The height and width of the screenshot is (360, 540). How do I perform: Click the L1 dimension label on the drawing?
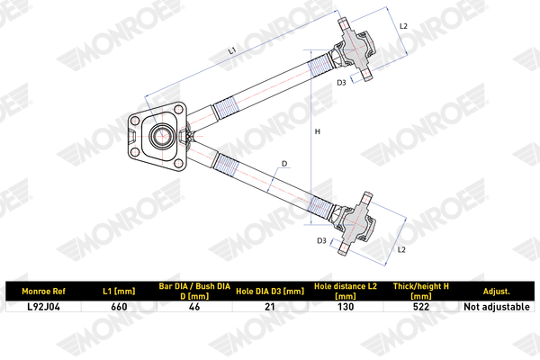pos(232,50)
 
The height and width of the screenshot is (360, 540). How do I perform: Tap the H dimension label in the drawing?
pos(318,131)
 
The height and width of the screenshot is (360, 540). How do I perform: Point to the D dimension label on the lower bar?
pos(284,164)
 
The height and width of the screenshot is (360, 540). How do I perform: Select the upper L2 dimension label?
pos(403,26)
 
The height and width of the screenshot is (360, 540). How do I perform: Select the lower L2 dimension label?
pos(401,249)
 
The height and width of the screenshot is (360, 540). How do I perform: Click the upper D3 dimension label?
pos(341,83)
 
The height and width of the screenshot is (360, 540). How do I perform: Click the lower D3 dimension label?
pos(321,241)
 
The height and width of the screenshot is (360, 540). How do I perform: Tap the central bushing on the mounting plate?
pos(160,136)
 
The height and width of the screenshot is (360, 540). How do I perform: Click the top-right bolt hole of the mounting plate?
pos(178,110)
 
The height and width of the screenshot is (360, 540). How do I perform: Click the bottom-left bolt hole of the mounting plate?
pos(135,152)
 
